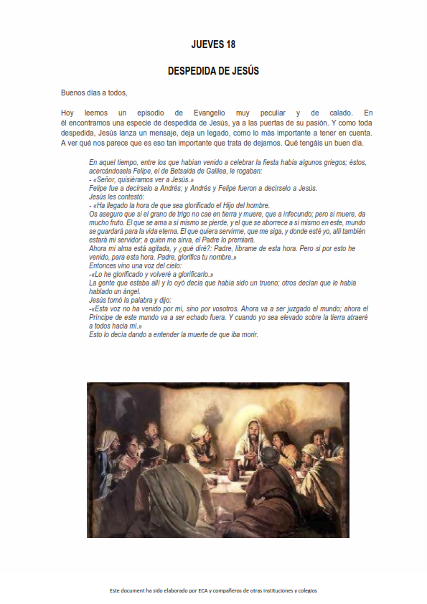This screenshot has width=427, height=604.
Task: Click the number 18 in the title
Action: point(230,44)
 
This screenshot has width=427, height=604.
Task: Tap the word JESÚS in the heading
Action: point(245,72)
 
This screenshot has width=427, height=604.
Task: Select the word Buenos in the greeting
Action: point(73,93)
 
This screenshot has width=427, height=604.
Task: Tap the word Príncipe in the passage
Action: point(105,317)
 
